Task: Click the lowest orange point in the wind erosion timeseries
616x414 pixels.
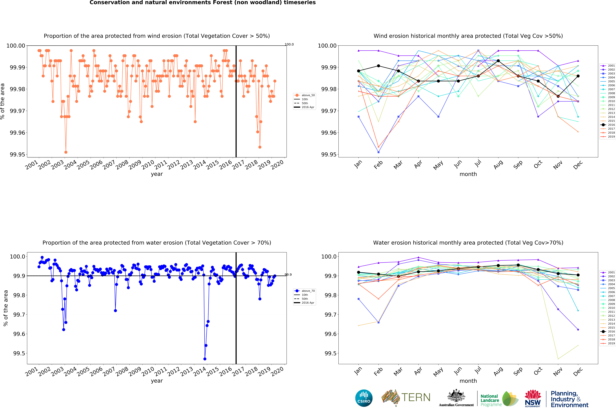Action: (x=66, y=152)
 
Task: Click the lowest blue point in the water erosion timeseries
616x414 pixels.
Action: (x=205, y=359)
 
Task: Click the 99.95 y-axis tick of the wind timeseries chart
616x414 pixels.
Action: (x=17, y=154)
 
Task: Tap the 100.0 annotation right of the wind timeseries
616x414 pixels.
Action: (x=289, y=44)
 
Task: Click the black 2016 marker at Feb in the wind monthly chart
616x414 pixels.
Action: (x=378, y=66)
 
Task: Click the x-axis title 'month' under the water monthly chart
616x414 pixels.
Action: (x=468, y=381)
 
